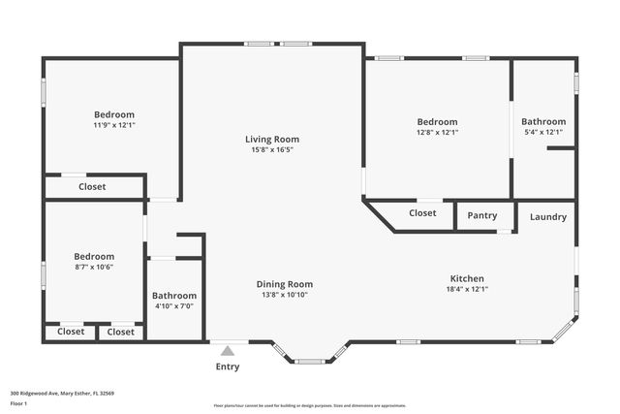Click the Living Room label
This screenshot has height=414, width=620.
tap(272, 140)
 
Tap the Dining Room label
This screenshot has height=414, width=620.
tap(284, 284)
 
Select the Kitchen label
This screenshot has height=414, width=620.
tap(466, 278)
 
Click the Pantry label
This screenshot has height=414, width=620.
tap(482, 216)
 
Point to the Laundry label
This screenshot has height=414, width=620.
tap(547, 217)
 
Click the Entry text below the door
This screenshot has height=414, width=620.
tap(227, 367)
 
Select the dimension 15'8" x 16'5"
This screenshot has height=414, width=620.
tap(272, 150)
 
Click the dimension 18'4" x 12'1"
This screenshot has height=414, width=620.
tap(466, 289)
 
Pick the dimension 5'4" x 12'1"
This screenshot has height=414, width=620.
tap(542, 133)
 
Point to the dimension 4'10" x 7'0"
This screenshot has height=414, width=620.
tap(174, 306)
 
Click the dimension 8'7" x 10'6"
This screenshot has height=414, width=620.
tap(94, 268)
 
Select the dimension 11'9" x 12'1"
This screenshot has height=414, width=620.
tap(113, 125)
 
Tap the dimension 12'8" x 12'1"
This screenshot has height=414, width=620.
tap(437, 133)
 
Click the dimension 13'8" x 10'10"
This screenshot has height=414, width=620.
tap(284, 295)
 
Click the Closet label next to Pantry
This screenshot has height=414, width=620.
tap(422, 213)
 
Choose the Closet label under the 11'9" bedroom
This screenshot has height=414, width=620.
tap(92, 187)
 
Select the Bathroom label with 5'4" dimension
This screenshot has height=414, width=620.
tap(542, 122)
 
